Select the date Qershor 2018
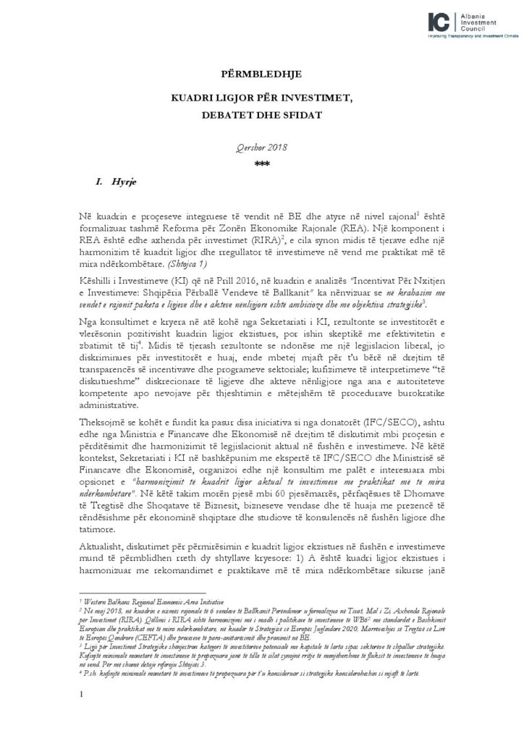pyautogui.click(x=261, y=147)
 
